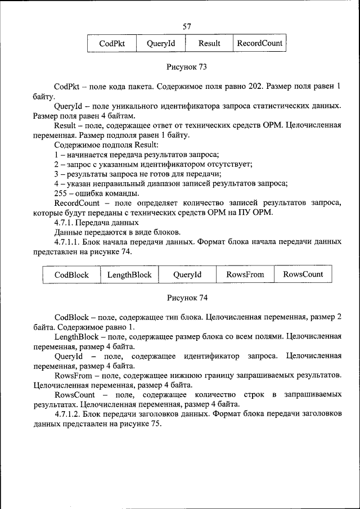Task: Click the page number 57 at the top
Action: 187,26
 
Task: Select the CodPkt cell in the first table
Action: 112,43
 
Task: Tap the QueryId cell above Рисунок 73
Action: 161,43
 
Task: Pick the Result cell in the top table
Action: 209,43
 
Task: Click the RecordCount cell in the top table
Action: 259,43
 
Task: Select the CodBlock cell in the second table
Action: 71,274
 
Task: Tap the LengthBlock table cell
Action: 129,274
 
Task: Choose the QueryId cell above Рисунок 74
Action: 187,274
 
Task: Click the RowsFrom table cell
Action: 245,274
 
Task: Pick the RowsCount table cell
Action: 303,274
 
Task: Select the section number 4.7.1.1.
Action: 69,242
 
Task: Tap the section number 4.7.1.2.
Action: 69,415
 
